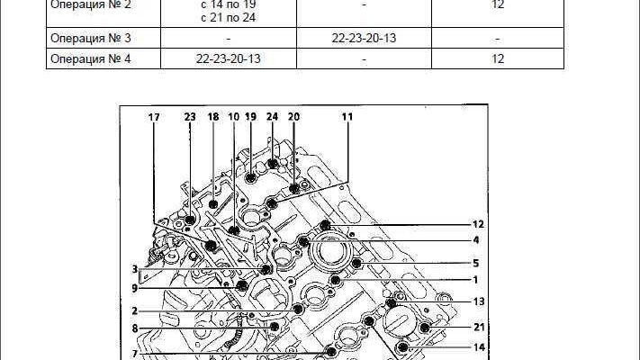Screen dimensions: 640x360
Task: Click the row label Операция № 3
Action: [x=90, y=38]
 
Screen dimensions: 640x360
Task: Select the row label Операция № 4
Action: [x=90, y=58]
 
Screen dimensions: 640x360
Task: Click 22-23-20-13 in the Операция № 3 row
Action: [x=364, y=38]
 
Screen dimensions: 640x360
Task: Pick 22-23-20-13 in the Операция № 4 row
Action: [x=228, y=58]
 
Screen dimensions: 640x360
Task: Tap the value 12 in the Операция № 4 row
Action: [x=498, y=58]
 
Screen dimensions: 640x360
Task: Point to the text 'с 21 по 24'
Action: [x=228, y=18]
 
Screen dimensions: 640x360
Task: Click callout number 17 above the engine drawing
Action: [x=154, y=117]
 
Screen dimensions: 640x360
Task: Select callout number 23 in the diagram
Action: [x=190, y=117]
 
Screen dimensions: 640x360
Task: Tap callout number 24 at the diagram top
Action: [x=272, y=117]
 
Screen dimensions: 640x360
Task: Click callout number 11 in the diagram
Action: [x=347, y=117]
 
